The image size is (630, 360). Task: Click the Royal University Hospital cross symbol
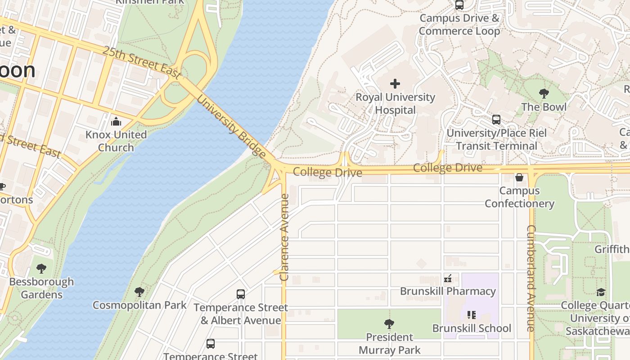pyautogui.click(x=395, y=84)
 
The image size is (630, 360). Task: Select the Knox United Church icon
pyautogui.click(x=116, y=121)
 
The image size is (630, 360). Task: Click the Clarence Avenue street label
pyautogui.click(x=284, y=237)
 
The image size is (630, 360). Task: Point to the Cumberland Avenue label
pyautogui.click(x=531, y=278)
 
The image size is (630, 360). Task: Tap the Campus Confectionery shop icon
pyautogui.click(x=519, y=177)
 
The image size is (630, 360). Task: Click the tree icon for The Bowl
pyautogui.click(x=544, y=94)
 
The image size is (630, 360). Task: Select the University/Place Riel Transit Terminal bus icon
pyautogui.click(x=496, y=120)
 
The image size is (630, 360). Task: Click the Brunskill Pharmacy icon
pyautogui.click(x=448, y=279)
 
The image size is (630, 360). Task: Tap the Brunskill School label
pyautogui.click(x=472, y=328)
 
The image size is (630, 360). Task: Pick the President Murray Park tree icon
pyautogui.click(x=389, y=324)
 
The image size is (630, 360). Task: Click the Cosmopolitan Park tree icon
pyautogui.click(x=139, y=292)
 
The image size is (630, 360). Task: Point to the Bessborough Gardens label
pyautogui.click(x=41, y=288)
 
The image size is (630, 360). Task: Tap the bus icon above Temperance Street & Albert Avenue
pyautogui.click(x=241, y=294)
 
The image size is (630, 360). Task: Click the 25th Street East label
pyautogui.click(x=141, y=63)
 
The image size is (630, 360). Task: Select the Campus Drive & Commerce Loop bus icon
pyautogui.click(x=459, y=5)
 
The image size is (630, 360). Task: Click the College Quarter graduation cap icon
pyautogui.click(x=601, y=292)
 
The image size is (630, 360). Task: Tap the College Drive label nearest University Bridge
pyautogui.click(x=328, y=172)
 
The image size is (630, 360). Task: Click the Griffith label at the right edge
pyautogui.click(x=612, y=249)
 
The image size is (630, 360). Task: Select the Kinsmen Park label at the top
pyautogui.click(x=150, y=2)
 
